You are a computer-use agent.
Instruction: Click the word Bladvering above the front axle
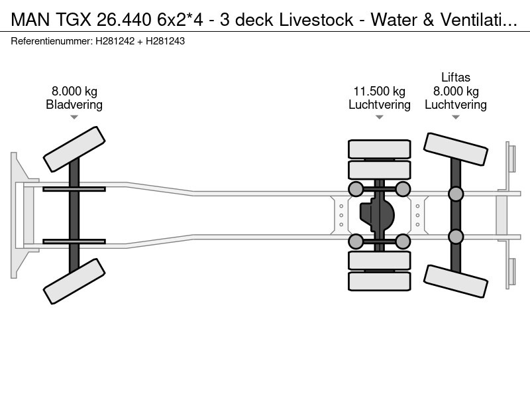74,105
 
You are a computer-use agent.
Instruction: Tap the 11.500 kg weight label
379,92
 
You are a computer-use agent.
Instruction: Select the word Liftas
456,78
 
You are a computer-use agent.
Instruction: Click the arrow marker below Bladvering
74,117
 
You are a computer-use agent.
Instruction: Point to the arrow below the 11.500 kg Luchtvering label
379,117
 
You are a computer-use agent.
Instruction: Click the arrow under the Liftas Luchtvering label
456,117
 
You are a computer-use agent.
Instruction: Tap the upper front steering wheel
74,149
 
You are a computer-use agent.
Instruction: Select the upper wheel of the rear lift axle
456,149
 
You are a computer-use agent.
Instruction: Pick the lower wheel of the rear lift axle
456,281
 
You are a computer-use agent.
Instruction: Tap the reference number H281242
116,41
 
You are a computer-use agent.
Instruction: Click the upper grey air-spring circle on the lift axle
456,194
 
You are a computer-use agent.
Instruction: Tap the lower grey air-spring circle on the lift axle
456,236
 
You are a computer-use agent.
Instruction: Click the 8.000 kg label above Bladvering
74,92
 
